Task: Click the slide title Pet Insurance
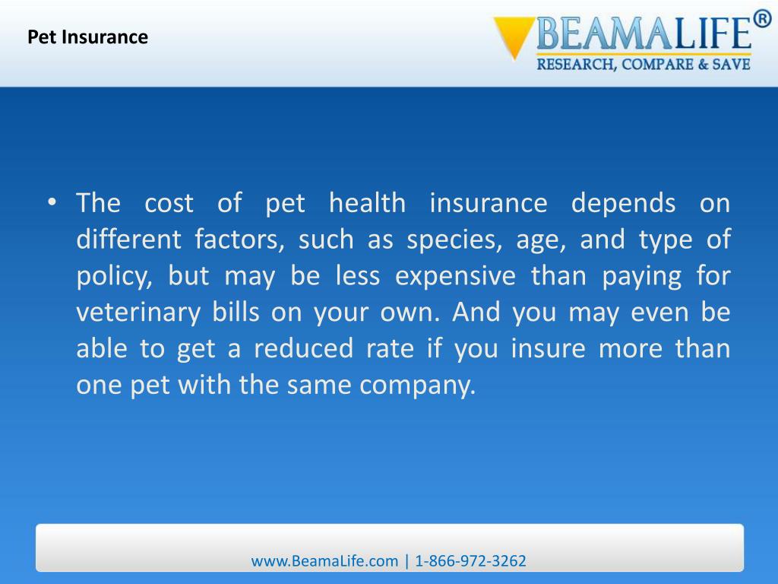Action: point(88,36)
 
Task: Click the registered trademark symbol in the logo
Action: point(762,21)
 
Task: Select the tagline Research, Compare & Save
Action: point(644,65)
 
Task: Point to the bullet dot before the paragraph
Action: point(52,202)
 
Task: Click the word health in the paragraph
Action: point(367,204)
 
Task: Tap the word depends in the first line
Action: point(623,204)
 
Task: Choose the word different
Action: point(128,240)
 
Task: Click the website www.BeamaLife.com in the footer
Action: point(324,561)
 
